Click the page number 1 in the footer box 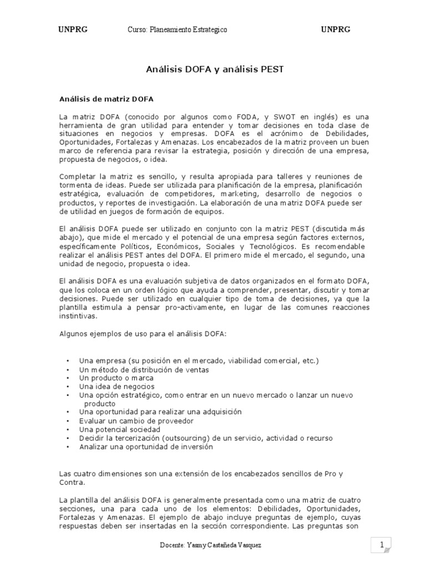pyautogui.click(x=382, y=546)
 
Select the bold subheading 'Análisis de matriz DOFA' pyautogui.click(x=106, y=99)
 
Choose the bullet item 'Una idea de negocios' pyautogui.click(x=116, y=386)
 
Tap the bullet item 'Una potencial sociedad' pyautogui.click(x=119, y=429)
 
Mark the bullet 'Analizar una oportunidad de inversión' pyautogui.click(x=146, y=447)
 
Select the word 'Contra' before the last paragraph pyautogui.click(x=70, y=483)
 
